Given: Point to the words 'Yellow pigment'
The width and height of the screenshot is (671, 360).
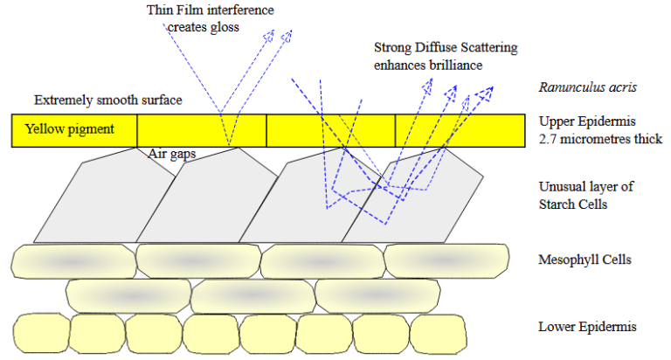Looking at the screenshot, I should tap(70, 129).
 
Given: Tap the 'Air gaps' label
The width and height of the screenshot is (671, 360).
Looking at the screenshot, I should tap(169, 153).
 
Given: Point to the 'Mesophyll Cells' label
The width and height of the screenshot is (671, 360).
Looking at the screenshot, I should tap(585, 260).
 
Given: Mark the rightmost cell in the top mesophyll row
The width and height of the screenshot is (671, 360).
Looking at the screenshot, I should tap(446, 260).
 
